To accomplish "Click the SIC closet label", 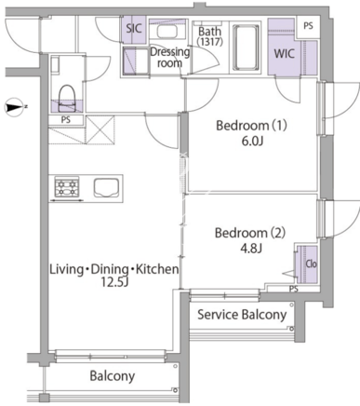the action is pos(134,29).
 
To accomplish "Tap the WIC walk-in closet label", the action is pos(284,54).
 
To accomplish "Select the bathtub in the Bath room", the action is pos(246,47).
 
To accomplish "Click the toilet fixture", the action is pos(67,98).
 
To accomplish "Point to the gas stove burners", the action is pos(67,187).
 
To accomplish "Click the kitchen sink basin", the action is pos(106,187).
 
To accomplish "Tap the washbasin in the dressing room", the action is pos(167,31).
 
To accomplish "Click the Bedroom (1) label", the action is pos(251,126).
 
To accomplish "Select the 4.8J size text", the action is pos(251,249).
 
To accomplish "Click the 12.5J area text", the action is pos(114,282).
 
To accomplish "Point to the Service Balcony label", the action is pos(242,315).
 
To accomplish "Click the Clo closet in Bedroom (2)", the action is pos(306,264).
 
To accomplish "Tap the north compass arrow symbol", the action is pos(14,107).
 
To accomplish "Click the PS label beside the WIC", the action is pos(308,26).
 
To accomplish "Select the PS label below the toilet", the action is pos(66,120).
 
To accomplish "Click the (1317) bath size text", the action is pos(210,42).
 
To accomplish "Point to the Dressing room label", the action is pos(169,57).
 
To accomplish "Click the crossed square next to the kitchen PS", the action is pos(100,129).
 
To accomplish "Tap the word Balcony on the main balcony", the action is pos(113,376).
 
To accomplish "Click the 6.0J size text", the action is pos(251,142).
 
